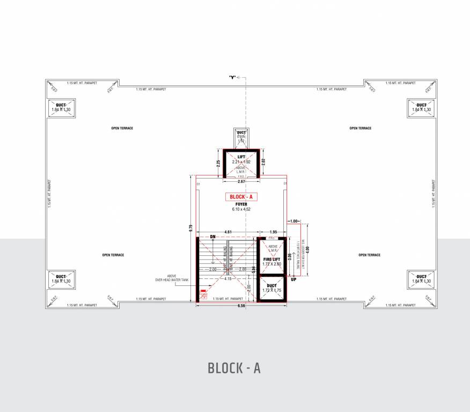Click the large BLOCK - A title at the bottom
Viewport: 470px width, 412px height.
coord(234,369)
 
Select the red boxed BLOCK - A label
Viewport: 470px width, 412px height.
coord(241,197)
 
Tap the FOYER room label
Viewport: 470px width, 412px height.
coord(241,204)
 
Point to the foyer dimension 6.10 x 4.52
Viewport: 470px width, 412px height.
coord(241,209)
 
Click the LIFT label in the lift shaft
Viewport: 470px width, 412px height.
coord(241,156)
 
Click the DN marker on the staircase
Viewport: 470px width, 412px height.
coord(213,237)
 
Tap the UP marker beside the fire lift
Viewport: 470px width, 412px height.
coord(293,279)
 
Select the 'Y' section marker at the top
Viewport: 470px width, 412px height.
coord(232,77)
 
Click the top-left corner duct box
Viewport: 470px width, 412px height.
coord(61,107)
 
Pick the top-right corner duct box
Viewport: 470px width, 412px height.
coord(422,107)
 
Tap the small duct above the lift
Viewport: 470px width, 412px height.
coord(241,136)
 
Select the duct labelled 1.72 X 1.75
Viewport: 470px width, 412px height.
coord(272,288)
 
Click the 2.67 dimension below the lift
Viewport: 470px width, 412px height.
coord(241,181)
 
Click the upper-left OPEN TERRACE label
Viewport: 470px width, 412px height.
coord(122,128)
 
